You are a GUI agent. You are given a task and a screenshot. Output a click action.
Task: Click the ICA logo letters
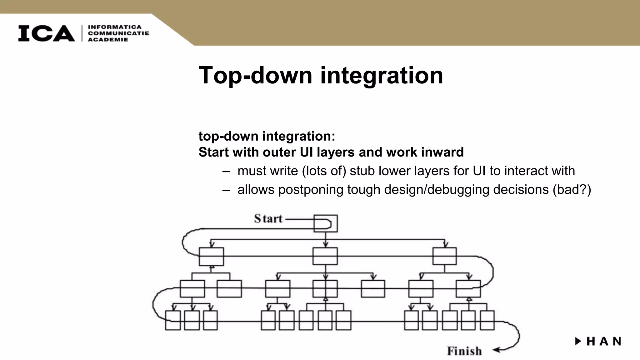coord(46,33)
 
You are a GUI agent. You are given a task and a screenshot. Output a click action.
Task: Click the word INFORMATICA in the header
coord(115,27)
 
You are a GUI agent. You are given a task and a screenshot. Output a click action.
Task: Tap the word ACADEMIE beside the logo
coord(108,40)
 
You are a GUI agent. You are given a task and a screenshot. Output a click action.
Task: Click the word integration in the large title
coord(382,75)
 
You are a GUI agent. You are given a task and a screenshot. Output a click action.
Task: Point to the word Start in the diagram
coord(268,218)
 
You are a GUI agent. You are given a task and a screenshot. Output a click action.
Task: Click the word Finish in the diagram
coord(464,351)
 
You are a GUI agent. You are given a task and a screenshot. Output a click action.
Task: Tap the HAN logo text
coord(604,342)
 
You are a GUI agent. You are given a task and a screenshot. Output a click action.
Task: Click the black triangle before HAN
coord(578,341)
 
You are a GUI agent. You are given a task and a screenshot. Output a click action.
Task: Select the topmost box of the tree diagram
coord(325,223)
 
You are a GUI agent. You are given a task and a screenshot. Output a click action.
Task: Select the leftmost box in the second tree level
coord(211,257)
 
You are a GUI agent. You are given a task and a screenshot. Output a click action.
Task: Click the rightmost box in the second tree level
coord(444,256)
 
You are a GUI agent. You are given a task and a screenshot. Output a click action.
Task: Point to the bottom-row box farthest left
coord(173,320)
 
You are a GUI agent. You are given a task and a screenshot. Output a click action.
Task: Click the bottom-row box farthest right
coord(487,320)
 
